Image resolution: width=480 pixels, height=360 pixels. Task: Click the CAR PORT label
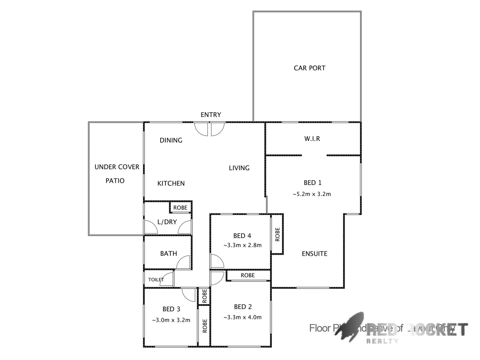tap(309, 68)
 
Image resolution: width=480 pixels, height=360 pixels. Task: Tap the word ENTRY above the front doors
tap(211, 115)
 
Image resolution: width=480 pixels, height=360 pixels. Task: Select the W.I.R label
tap(312, 139)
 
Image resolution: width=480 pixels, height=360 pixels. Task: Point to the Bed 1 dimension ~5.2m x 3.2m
tap(312, 194)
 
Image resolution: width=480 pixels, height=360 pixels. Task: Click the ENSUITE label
tap(314, 254)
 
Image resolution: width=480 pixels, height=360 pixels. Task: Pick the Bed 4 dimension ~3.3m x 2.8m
tap(242, 245)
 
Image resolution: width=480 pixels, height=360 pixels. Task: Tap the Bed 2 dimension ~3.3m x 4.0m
tap(242, 317)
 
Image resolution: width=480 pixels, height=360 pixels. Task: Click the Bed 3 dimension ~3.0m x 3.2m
tap(171, 320)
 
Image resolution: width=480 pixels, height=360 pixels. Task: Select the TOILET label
tap(156, 280)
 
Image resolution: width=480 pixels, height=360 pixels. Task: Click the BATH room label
tap(168, 254)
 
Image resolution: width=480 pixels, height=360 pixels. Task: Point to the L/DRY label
tap(167, 222)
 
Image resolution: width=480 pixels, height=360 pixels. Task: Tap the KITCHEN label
tap(171, 183)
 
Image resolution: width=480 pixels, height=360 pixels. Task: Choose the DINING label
tap(171, 140)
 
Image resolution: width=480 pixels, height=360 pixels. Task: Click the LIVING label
tap(239, 168)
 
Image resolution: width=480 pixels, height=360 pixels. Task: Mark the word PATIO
tap(115, 181)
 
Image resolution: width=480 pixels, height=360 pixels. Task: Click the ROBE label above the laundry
tap(180, 208)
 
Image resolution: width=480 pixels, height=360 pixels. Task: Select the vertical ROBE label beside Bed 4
tap(277, 234)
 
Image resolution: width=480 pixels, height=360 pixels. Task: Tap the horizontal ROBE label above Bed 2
tap(248, 275)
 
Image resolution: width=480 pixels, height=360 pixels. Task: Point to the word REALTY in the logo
tap(382, 341)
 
